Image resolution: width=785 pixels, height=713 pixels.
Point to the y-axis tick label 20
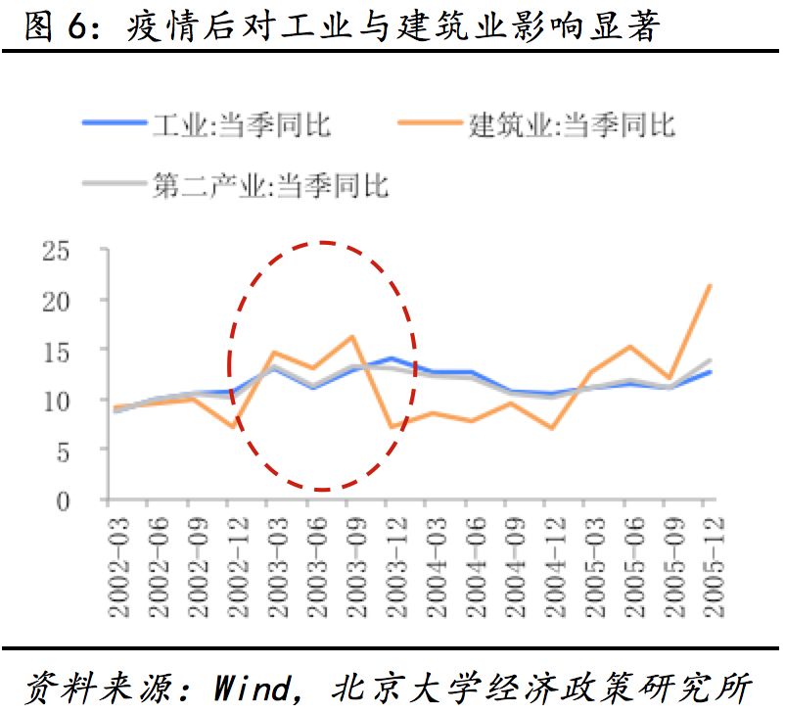coord(55,301)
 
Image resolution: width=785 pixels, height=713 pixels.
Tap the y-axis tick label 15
coord(55,351)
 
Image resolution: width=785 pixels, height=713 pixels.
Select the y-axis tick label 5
coord(63,451)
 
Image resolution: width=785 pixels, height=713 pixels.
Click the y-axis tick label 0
coord(63,500)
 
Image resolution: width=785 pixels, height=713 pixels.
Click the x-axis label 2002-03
coord(120,569)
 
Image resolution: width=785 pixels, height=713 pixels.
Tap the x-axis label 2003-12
coord(394,569)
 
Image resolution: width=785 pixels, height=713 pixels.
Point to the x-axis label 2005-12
coord(712,569)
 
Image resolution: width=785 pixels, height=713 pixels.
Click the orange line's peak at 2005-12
coord(709,285)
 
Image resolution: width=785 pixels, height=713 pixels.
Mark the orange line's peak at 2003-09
coord(351,337)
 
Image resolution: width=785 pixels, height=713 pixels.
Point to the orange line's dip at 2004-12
coord(552,428)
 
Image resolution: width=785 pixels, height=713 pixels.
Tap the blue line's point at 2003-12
coord(392,358)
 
